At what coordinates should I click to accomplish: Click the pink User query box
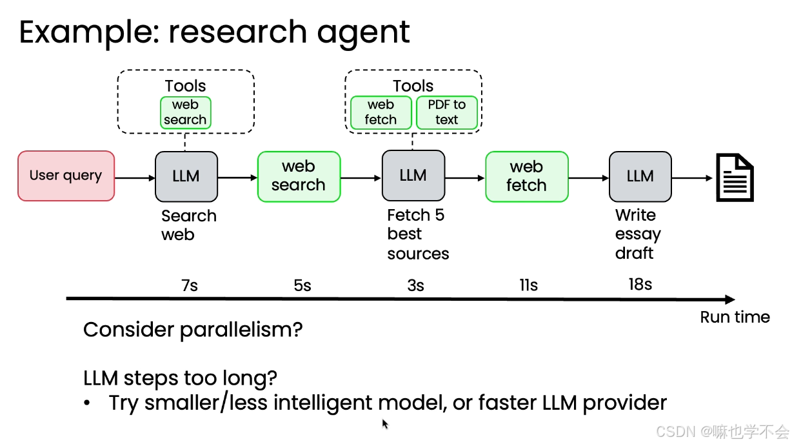pyautogui.click(x=66, y=176)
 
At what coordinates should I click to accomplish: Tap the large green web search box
pyautogui.click(x=299, y=177)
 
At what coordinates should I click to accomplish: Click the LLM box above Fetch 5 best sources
pyautogui.click(x=413, y=176)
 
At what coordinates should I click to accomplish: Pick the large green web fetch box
pyautogui.click(x=527, y=177)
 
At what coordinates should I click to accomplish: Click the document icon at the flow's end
pyautogui.click(x=735, y=177)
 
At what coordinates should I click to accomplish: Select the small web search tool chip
pyautogui.click(x=186, y=112)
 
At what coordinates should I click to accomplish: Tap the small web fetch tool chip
pyautogui.click(x=381, y=112)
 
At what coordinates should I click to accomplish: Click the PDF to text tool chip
pyautogui.click(x=447, y=112)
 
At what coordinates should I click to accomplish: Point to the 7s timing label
pyautogui.click(x=190, y=285)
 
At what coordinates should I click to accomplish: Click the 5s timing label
pyautogui.click(x=302, y=285)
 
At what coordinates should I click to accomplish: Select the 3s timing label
pyautogui.click(x=415, y=285)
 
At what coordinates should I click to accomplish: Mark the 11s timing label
pyautogui.click(x=529, y=285)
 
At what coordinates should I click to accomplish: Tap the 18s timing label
pyautogui.click(x=640, y=284)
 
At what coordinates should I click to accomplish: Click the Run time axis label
pyautogui.click(x=735, y=317)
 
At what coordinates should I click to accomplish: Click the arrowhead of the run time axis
pyautogui.click(x=730, y=299)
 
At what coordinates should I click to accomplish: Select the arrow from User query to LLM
pyautogui.click(x=135, y=177)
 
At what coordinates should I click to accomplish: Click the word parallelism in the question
pyautogui.click(x=241, y=330)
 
